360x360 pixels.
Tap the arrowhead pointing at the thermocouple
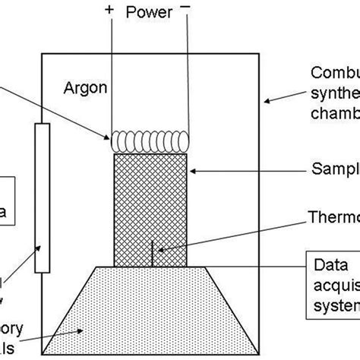[157, 245]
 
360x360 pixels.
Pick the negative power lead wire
[187, 76]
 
